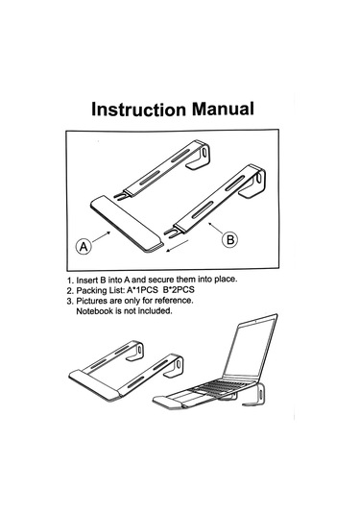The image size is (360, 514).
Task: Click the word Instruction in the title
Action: pos(138,110)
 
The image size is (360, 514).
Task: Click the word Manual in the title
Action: pos(223,109)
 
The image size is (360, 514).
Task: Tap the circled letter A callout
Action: pos(84,246)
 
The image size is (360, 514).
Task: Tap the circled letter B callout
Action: pos(230,239)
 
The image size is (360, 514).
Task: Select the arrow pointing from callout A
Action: pos(102,236)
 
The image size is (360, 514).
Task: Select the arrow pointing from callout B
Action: pos(216,229)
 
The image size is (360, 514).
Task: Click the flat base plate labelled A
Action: pos(127,224)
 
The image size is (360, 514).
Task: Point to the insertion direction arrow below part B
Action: pos(178,246)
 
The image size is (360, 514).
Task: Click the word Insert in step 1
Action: pos(87,281)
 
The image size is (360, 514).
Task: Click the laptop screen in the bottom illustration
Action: pos(252,347)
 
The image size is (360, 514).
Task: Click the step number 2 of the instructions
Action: pos(70,291)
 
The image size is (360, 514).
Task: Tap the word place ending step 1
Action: pos(226,280)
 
